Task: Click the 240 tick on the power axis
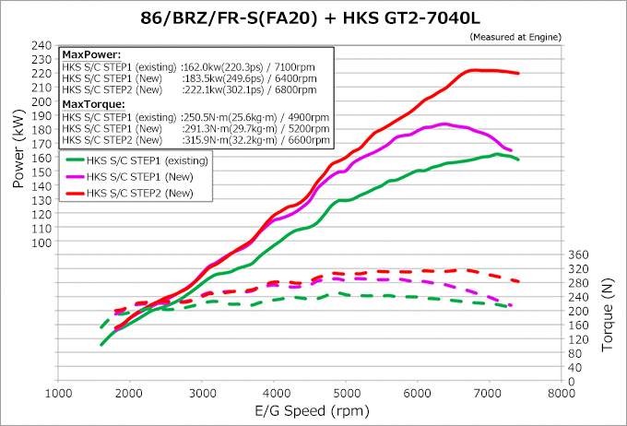click(x=41, y=45)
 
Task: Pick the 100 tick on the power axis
click(x=41, y=243)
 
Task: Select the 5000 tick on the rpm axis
click(x=347, y=391)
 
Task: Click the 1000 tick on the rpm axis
click(x=59, y=391)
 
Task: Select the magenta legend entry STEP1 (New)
click(x=138, y=176)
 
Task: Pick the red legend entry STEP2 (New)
click(x=138, y=193)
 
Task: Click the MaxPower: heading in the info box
click(x=85, y=55)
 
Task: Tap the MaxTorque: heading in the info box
click(x=88, y=104)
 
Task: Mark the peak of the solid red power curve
click(x=476, y=70)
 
